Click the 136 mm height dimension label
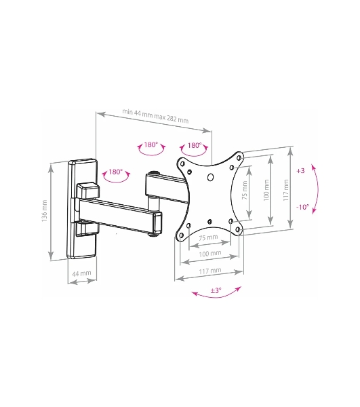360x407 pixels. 45,211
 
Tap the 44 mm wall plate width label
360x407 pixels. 82,273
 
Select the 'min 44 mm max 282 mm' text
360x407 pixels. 155,116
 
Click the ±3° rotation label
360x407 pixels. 216,290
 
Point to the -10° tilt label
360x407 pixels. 302,207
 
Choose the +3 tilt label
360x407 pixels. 300,171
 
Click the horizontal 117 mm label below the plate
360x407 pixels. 210,271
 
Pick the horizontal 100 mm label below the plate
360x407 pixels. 210,253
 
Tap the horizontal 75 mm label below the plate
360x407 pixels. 208,237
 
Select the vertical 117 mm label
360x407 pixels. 286,190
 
